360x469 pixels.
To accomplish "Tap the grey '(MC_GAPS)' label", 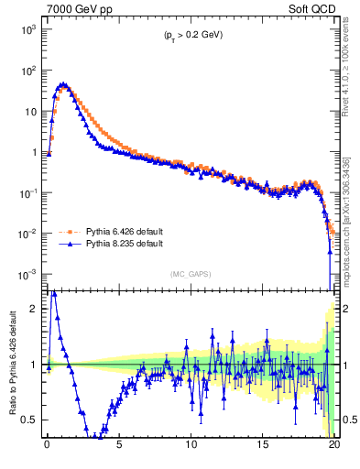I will [x=191, y=273].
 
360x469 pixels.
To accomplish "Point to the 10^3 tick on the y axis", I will [x=27, y=29].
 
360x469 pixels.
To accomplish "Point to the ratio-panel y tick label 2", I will [x=34, y=309].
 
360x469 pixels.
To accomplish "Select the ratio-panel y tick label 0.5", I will [x=30, y=420].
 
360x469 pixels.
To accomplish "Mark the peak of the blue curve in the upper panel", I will [x=62, y=85].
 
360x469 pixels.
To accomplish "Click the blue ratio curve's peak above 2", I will [x=54, y=292].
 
